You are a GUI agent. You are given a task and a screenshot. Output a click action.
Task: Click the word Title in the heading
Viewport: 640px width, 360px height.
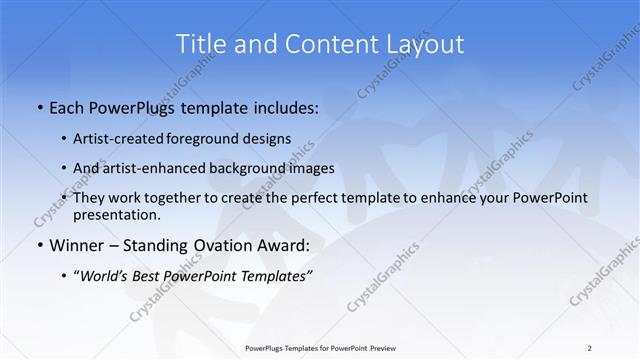197,43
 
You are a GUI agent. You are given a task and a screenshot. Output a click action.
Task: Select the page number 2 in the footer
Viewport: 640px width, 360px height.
589,348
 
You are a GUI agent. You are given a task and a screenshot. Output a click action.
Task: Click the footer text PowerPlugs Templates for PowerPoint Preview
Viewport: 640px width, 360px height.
319,348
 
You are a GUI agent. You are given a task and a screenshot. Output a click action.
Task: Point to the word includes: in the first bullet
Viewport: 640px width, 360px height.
279,106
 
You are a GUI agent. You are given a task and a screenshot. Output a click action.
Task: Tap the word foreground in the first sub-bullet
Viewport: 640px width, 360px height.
214,139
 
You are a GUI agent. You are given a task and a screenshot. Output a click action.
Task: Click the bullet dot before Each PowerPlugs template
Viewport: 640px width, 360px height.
39,106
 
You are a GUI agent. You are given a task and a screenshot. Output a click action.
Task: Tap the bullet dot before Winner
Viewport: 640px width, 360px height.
39,245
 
